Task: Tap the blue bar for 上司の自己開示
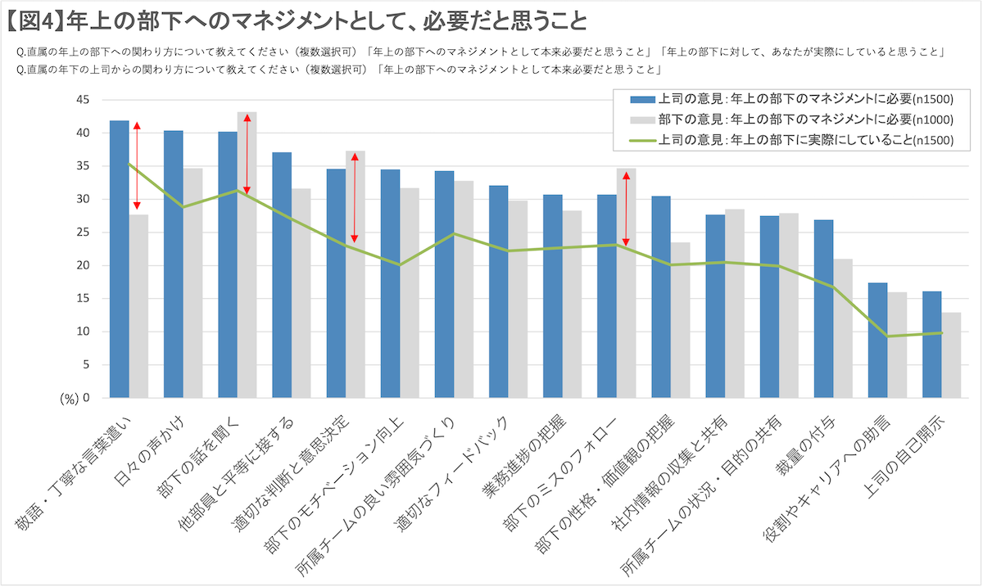coord(931,344)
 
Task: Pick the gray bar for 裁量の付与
coord(843,328)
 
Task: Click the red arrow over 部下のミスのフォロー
coord(626,208)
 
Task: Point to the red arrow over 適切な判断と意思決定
coord(355,197)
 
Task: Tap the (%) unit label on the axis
coord(70,399)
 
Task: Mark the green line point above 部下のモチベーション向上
coord(400,264)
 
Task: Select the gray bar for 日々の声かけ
coord(193,282)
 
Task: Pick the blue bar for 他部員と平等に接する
coord(282,275)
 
